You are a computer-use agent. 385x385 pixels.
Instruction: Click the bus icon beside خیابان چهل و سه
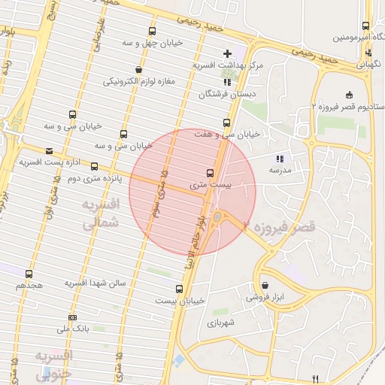click(x=153, y=32)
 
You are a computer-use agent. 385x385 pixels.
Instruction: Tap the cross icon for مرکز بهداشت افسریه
click(x=227, y=53)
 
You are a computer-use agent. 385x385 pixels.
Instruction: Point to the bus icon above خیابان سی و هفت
click(x=226, y=123)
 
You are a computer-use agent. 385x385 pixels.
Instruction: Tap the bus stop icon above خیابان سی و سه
click(x=72, y=115)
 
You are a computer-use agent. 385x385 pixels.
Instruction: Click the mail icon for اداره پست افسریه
click(x=49, y=150)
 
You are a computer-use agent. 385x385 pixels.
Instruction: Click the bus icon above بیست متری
click(x=210, y=172)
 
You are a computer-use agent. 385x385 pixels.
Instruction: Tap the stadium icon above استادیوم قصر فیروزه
click(x=348, y=95)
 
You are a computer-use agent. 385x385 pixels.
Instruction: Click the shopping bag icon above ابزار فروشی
click(x=267, y=285)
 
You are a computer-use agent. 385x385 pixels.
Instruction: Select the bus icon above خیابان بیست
click(x=179, y=289)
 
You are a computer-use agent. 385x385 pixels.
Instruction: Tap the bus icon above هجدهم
click(x=29, y=274)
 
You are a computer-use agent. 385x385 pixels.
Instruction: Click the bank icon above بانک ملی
click(x=73, y=317)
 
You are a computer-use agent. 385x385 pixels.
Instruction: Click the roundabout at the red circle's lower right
click(x=217, y=218)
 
